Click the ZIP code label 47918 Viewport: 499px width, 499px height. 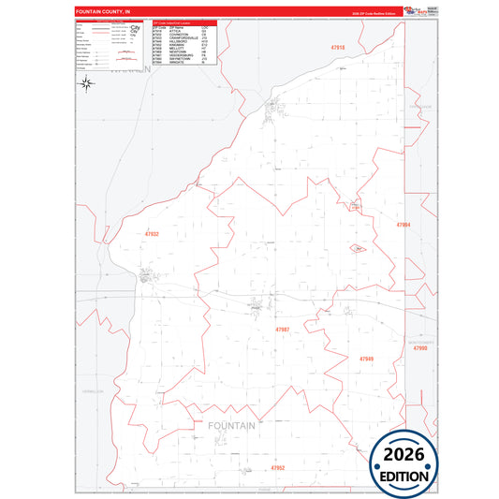(338, 47)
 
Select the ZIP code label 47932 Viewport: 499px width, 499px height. (153, 234)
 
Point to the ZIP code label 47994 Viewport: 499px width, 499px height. (404, 226)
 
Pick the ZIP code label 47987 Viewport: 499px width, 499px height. (282, 330)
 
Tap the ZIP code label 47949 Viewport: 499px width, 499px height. (366, 359)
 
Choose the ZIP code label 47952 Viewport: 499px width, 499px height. (277, 466)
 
